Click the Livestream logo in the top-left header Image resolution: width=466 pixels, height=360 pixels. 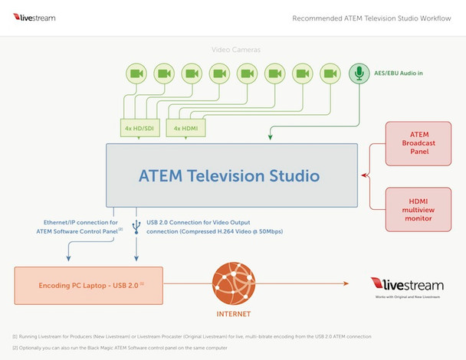click(x=34, y=16)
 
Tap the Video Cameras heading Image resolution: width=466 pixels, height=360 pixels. click(x=236, y=50)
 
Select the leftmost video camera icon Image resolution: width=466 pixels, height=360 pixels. click(x=136, y=74)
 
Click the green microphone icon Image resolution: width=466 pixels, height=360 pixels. click(x=358, y=74)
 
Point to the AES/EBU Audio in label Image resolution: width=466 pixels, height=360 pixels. click(x=399, y=74)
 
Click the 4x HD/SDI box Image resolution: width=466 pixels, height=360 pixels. click(x=138, y=128)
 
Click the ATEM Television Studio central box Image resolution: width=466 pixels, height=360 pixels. click(x=229, y=175)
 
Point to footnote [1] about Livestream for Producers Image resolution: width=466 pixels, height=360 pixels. click(x=192, y=336)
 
